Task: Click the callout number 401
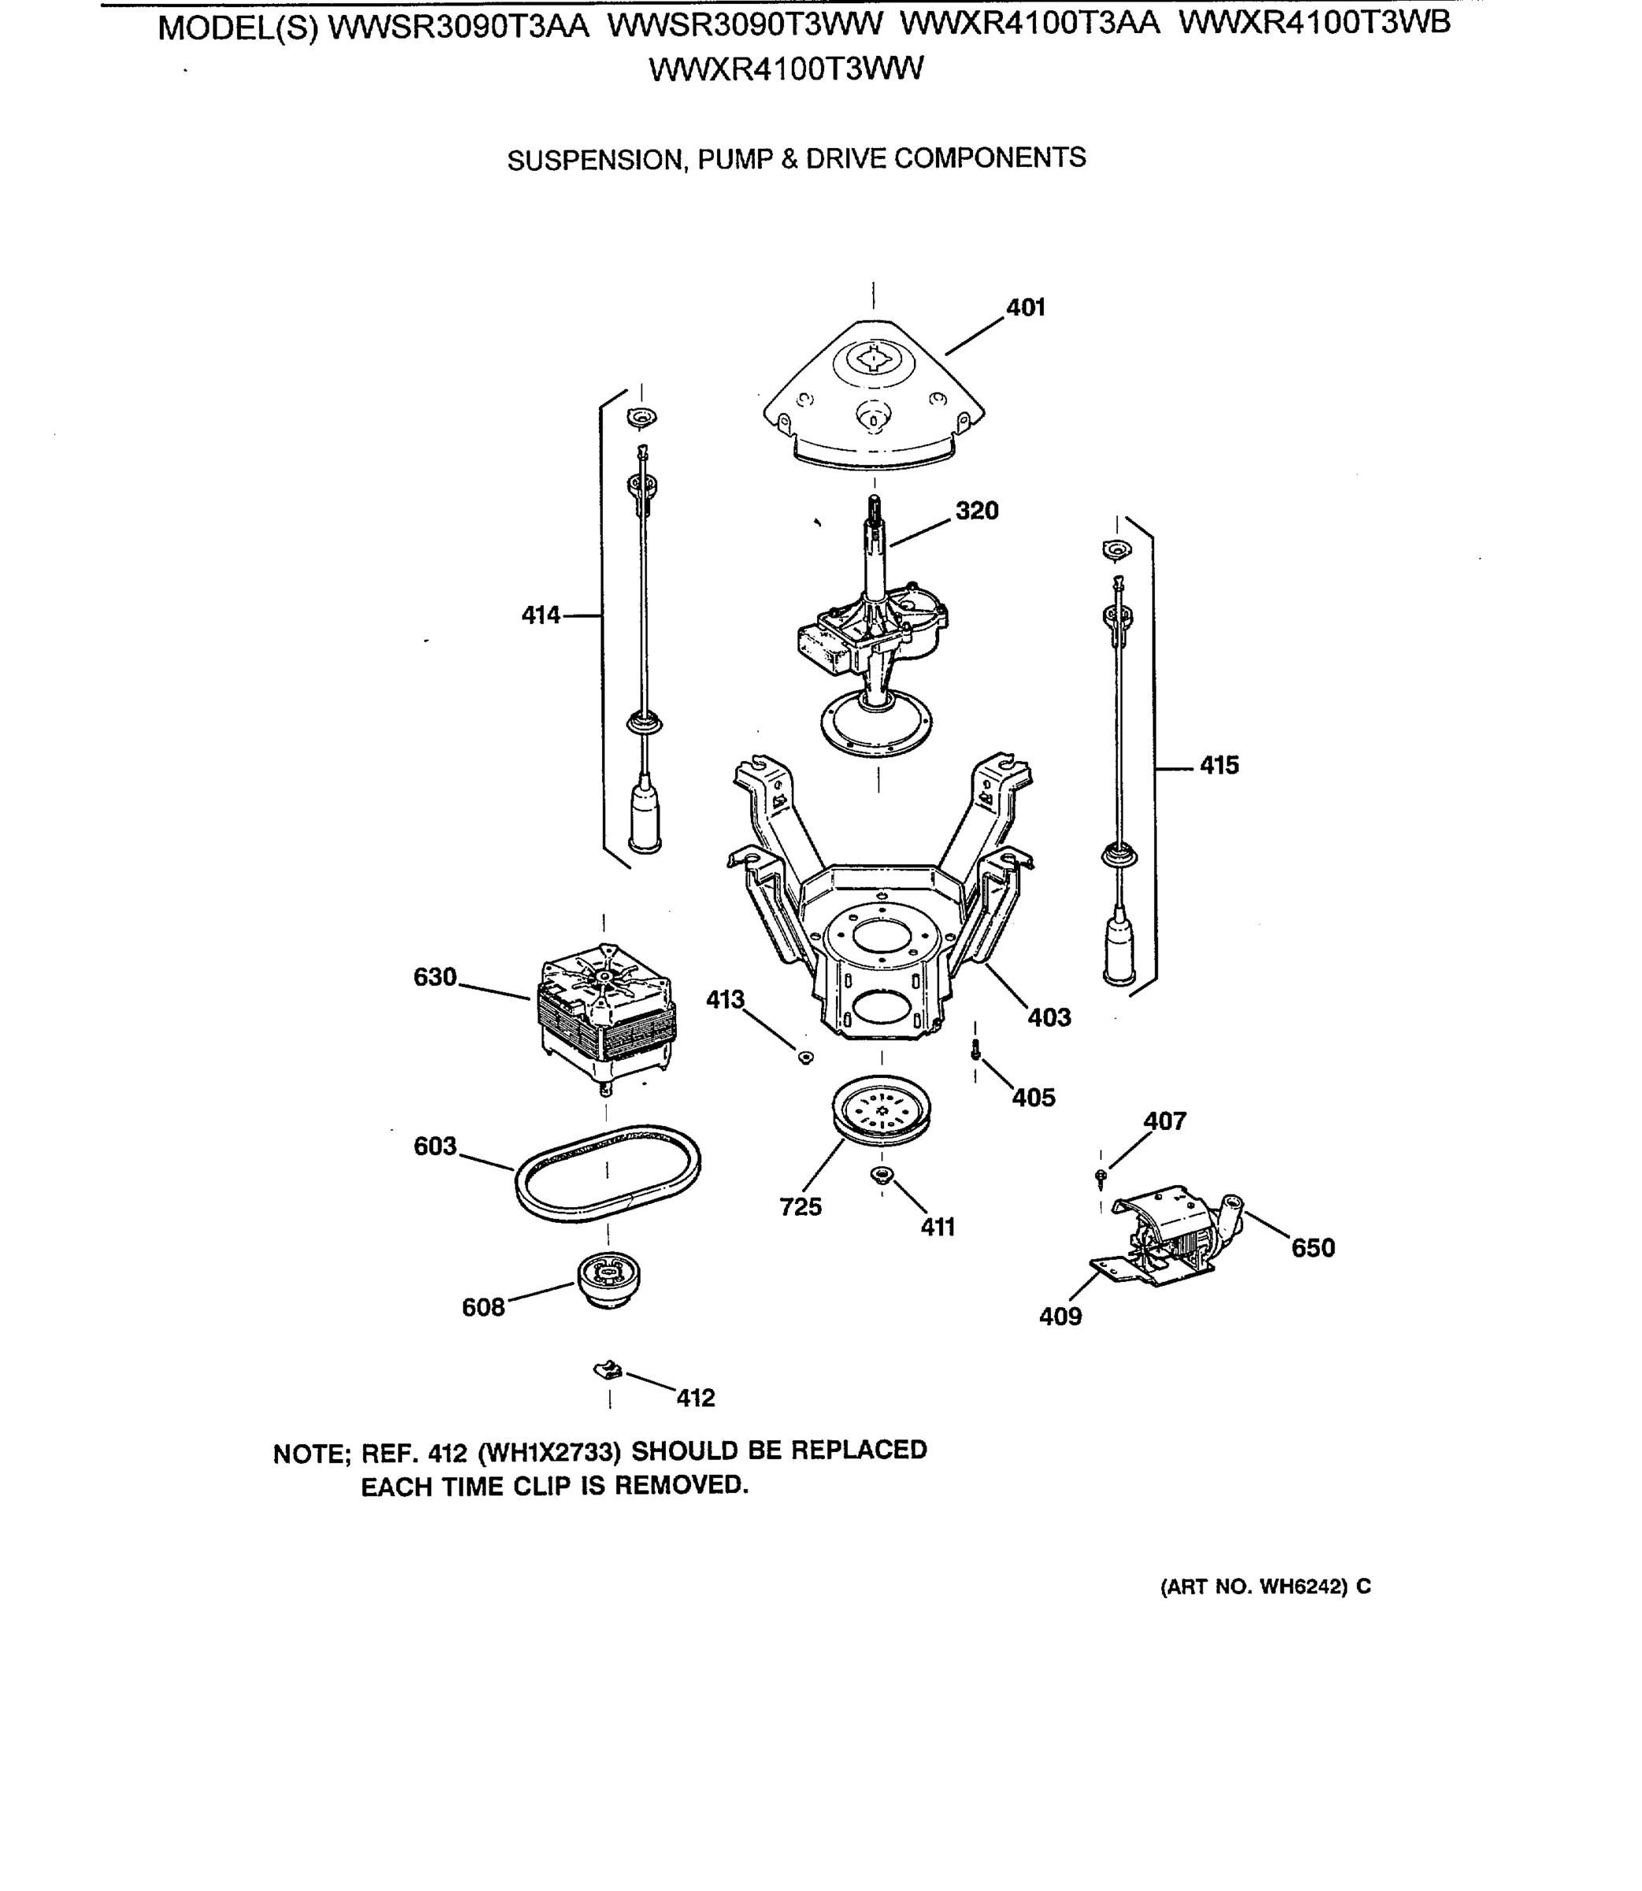[x=1025, y=308]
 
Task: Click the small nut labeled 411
[x=882, y=1176]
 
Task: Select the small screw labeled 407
[x=1101, y=1175]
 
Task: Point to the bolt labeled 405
[x=976, y=1052]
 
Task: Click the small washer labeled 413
[x=806, y=1058]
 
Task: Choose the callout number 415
[x=1219, y=765]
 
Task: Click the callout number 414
[x=540, y=615]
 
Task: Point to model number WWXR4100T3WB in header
[x=1314, y=24]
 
